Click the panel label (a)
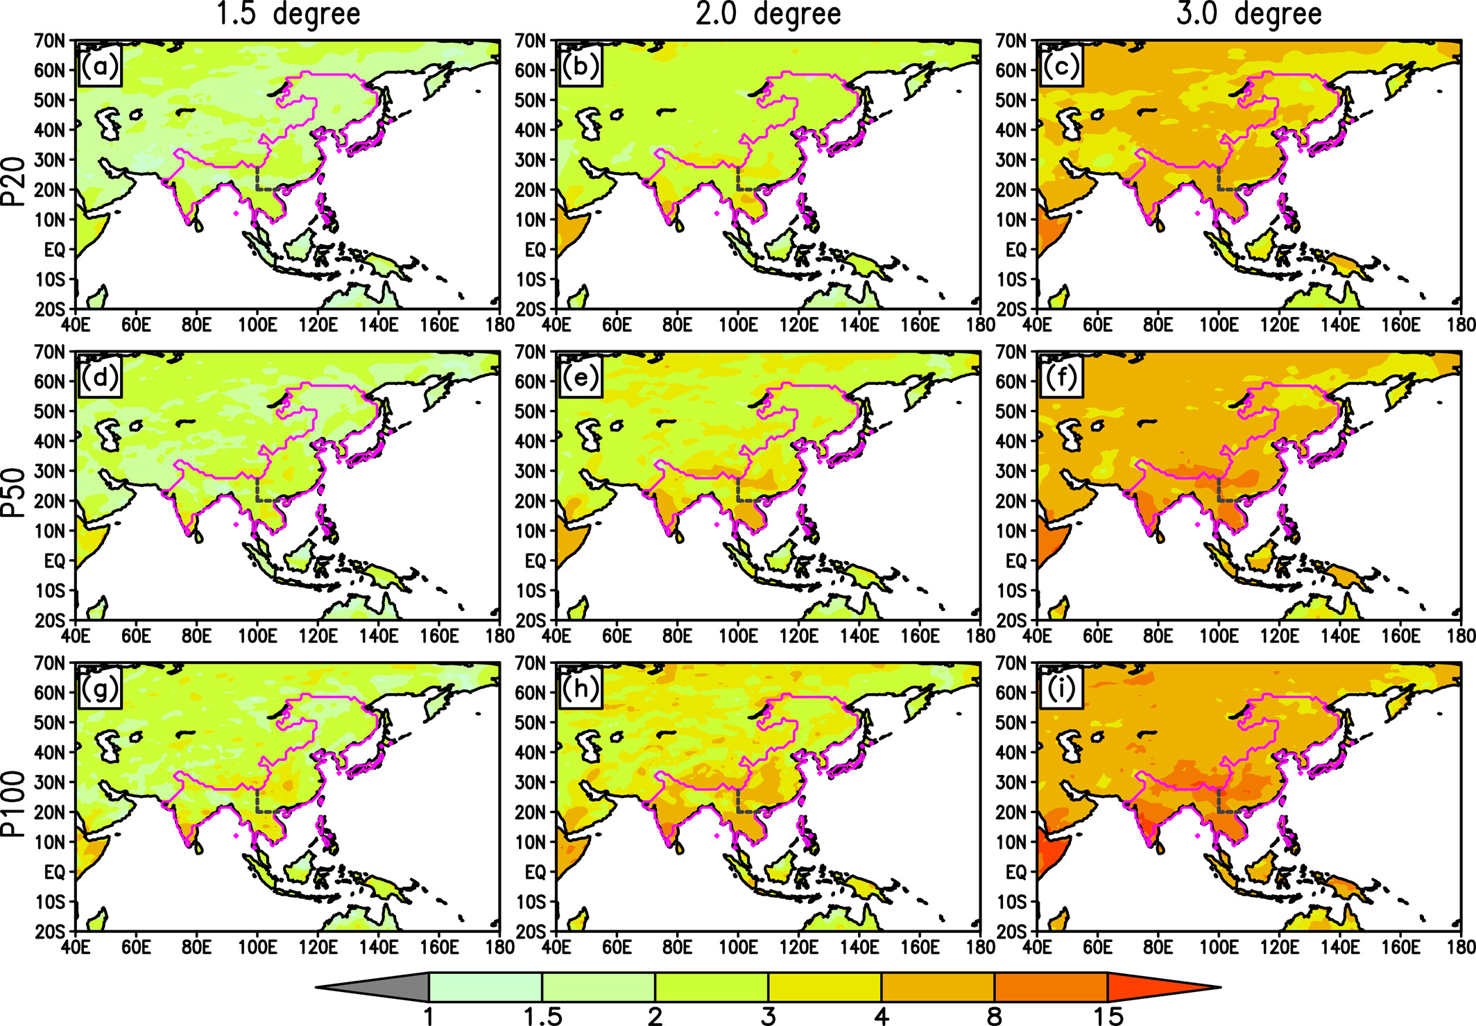coord(100,67)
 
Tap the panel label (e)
coord(581,378)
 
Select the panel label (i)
coord(1061,689)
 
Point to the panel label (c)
coord(1061,67)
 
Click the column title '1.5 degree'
coord(289,14)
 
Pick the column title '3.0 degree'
coord(1249,14)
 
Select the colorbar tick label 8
coord(994,1016)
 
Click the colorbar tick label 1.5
coord(542,1016)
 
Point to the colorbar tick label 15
coord(1108,1016)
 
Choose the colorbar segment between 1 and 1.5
coord(486,986)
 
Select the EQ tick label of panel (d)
coord(54,561)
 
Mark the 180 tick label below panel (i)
coord(1461,946)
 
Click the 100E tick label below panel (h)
coord(737,946)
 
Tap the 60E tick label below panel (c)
coord(1097,324)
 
